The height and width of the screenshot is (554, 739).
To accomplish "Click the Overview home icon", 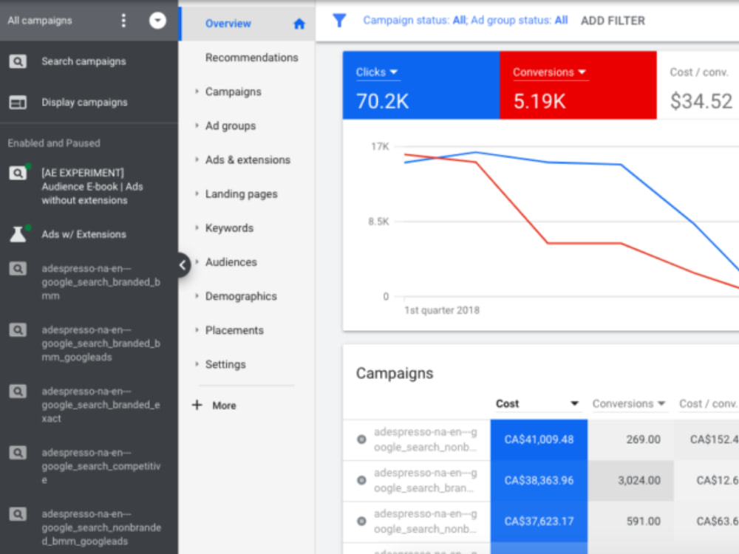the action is tap(299, 24).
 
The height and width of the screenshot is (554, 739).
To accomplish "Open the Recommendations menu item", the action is tap(252, 58).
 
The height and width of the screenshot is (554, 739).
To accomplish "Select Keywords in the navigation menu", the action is tap(229, 228).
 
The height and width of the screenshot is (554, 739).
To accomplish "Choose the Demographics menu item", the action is tap(241, 296).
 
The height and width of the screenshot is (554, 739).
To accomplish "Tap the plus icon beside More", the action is tap(197, 405).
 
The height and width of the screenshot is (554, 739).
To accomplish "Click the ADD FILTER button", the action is tap(613, 21).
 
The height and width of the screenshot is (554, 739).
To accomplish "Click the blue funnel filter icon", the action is tap(339, 20).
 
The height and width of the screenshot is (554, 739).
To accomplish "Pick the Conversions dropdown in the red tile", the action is tap(549, 72).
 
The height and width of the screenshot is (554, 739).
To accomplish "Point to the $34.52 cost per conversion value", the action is tap(701, 101).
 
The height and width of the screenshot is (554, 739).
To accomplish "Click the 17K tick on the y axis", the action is tap(380, 146).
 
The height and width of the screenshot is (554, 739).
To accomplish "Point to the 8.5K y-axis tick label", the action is tap(378, 222).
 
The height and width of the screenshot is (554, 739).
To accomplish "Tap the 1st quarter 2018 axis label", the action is tap(442, 310).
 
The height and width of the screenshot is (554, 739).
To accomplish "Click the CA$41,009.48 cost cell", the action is tap(539, 440).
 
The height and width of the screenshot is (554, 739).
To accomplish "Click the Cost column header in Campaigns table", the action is tap(507, 404).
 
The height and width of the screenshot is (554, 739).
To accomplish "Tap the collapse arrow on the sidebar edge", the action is tap(183, 265).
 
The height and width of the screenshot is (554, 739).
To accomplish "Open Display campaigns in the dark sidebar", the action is tap(84, 102).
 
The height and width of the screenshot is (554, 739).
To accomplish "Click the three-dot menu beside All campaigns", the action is tap(123, 20).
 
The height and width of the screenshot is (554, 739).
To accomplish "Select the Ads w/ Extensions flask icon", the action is tap(18, 234).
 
